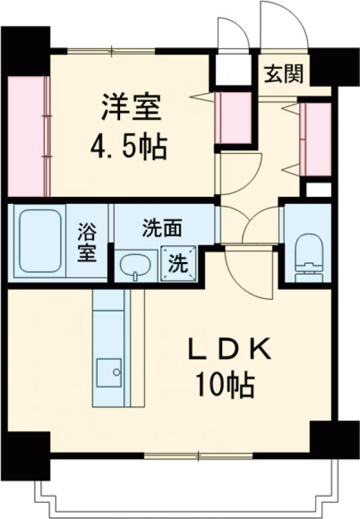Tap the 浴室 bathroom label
pos(86,242)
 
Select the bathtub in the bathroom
pos(40,241)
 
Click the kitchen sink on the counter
pos(109,371)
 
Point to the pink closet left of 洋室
pos(28,136)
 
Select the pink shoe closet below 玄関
pos(314,139)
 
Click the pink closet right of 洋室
pos(233,118)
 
